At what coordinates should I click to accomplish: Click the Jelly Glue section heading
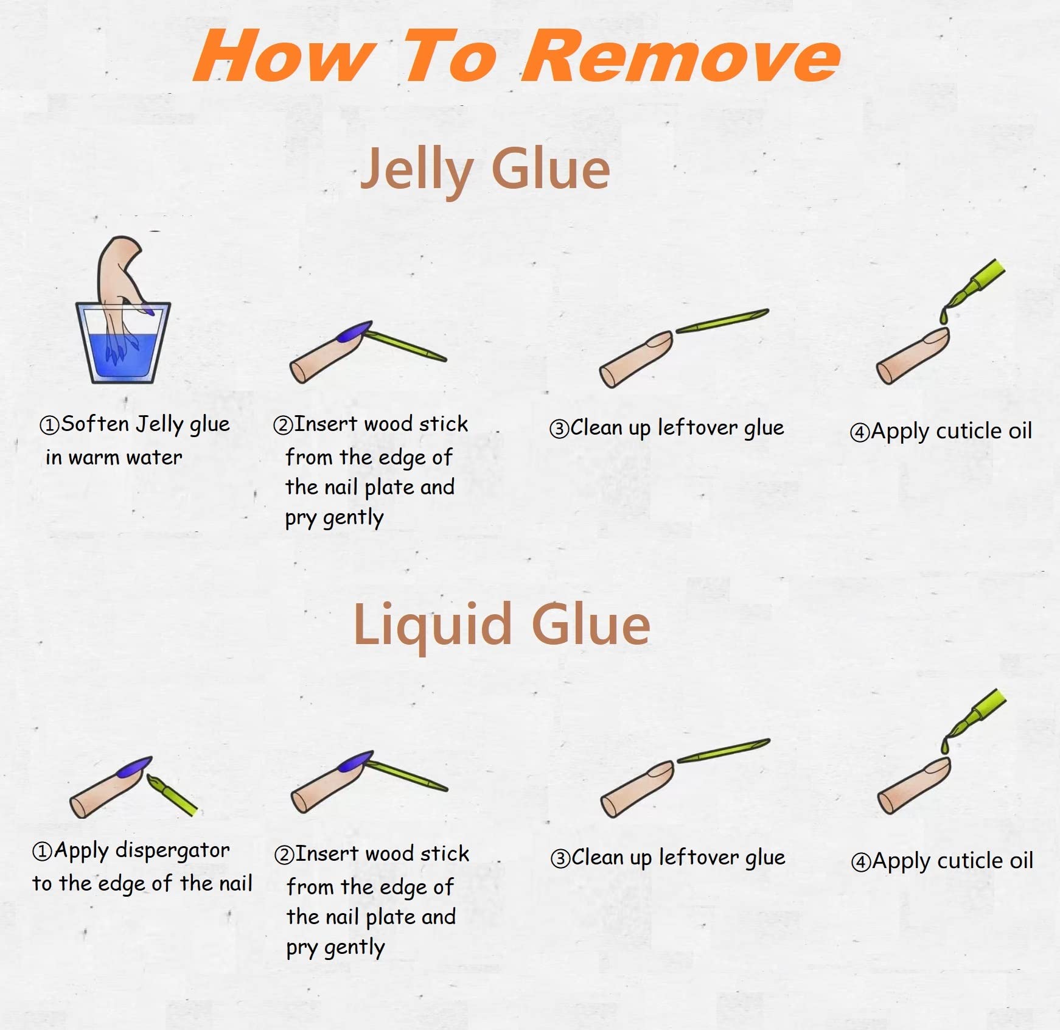pos(485,170)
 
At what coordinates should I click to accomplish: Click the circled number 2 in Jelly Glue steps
pos(284,425)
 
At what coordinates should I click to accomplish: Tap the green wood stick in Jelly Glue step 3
pos(722,320)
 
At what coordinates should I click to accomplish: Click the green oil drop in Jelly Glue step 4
pos(944,315)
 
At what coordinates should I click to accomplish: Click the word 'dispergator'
pos(173,850)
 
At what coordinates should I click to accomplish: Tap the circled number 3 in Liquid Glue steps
pos(560,859)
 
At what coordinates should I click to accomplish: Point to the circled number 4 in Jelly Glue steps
pos(860,433)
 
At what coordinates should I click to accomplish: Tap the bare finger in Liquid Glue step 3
pos(637,788)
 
